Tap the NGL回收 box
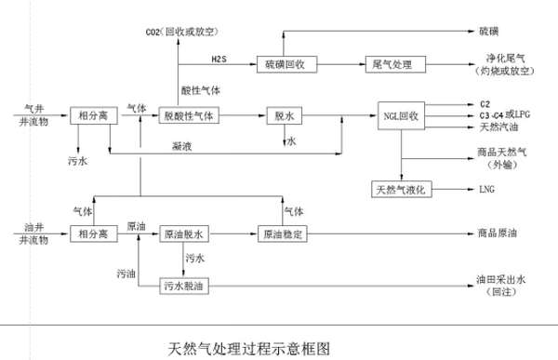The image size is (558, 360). (402, 115)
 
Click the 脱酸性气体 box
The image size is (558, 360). (189, 115)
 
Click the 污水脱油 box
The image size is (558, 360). (185, 285)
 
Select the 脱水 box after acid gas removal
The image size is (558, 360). (286, 115)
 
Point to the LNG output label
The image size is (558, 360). (487, 189)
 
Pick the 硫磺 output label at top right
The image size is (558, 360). (487, 33)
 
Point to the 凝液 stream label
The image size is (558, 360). (182, 146)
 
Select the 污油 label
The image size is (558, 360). (126, 273)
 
